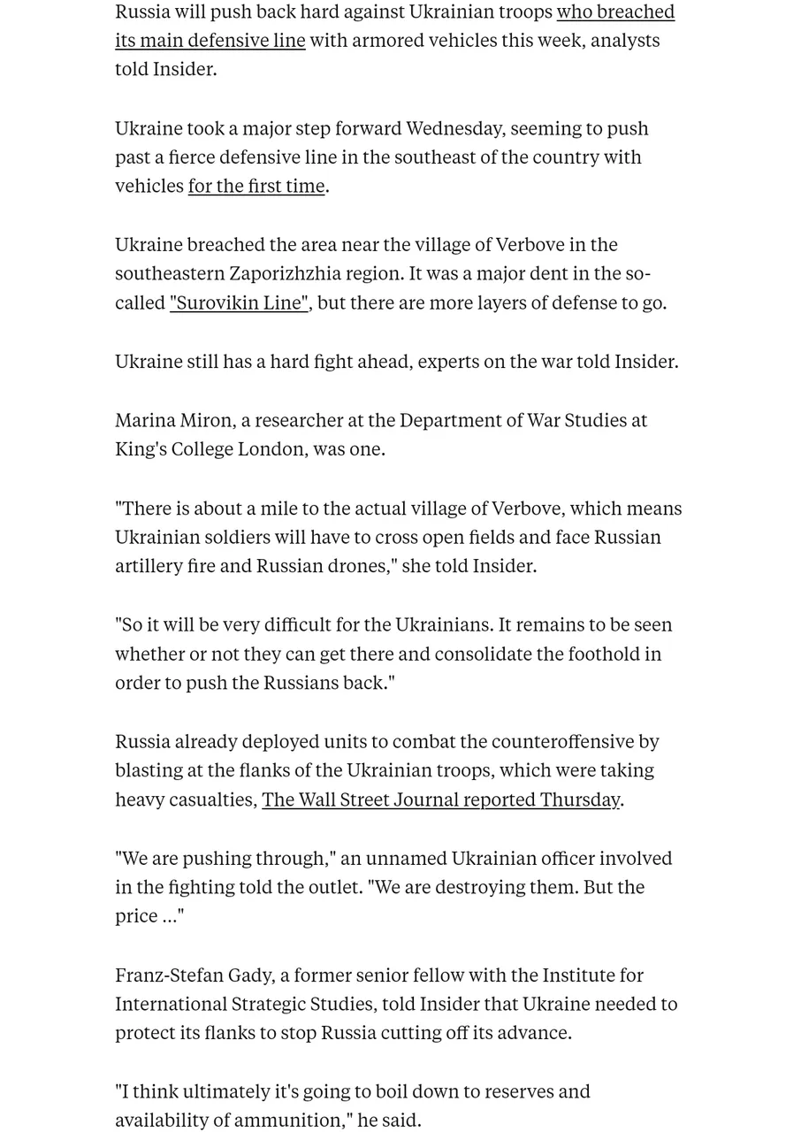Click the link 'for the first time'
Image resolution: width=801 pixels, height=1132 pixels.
point(256,186)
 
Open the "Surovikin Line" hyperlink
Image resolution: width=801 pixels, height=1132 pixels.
point(239,302)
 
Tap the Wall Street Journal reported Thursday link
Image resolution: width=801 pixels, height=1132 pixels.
point(440,799)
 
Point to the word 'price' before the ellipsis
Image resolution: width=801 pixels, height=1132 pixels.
point(136,916)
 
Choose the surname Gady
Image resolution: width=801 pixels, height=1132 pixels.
point(251,975)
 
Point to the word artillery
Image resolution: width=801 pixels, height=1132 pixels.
point(148,566)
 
